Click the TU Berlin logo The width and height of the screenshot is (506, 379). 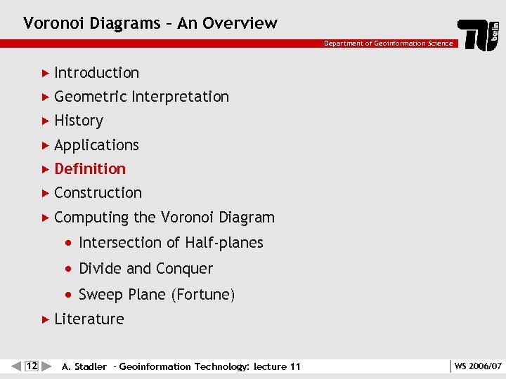coord(479,33)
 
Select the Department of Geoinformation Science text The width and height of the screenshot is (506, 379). coord(388,44)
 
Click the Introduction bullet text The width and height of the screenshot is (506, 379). coord(96,73)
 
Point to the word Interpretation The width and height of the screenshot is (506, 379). coord(180,97)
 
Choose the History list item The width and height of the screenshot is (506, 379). coord(78,121)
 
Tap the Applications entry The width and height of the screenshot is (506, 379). coord(96,145)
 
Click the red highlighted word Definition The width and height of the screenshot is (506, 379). coord(90,169)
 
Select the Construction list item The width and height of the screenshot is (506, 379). coord(98,193)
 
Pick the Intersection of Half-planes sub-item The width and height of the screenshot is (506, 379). coord(171,243)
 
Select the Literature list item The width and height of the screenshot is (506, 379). coord(89,319)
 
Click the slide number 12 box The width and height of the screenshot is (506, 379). coord(32,366)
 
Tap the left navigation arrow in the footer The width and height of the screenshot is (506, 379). coord(16,366)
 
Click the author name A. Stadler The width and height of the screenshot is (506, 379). coord(84,366)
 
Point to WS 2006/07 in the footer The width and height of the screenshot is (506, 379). coord(478,366)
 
